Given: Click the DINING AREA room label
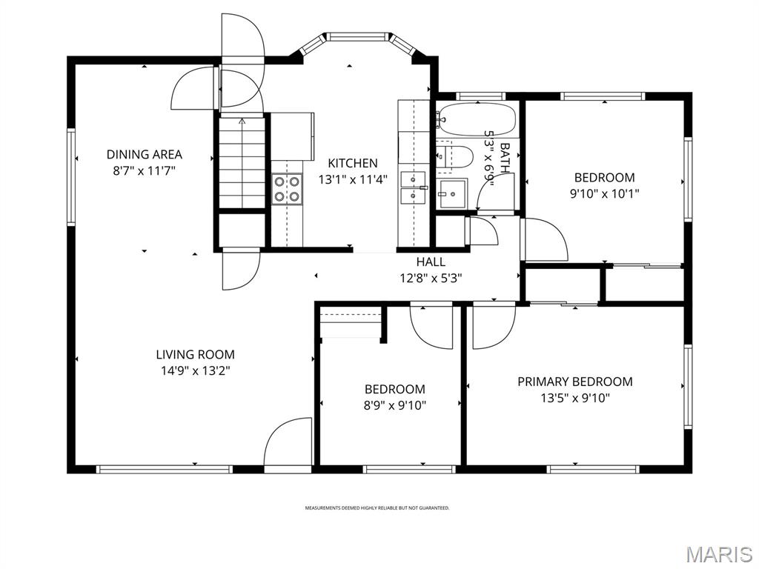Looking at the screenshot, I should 144,155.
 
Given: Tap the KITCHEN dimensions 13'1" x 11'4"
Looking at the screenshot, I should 353,179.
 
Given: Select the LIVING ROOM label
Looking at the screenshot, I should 195,355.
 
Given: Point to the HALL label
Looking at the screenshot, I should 431,262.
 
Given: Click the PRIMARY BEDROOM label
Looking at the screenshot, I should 574,382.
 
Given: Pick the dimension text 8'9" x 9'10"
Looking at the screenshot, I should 394,405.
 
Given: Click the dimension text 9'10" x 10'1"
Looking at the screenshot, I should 604,193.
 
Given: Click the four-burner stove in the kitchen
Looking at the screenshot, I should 287,188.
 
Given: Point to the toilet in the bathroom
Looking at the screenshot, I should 457,156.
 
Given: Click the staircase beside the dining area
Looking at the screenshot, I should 242,162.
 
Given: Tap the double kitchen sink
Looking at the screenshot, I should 412,188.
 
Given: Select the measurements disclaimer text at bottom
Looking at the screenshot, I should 377,508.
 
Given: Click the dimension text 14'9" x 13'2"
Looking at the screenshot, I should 195,371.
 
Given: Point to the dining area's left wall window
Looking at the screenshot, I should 72,176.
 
